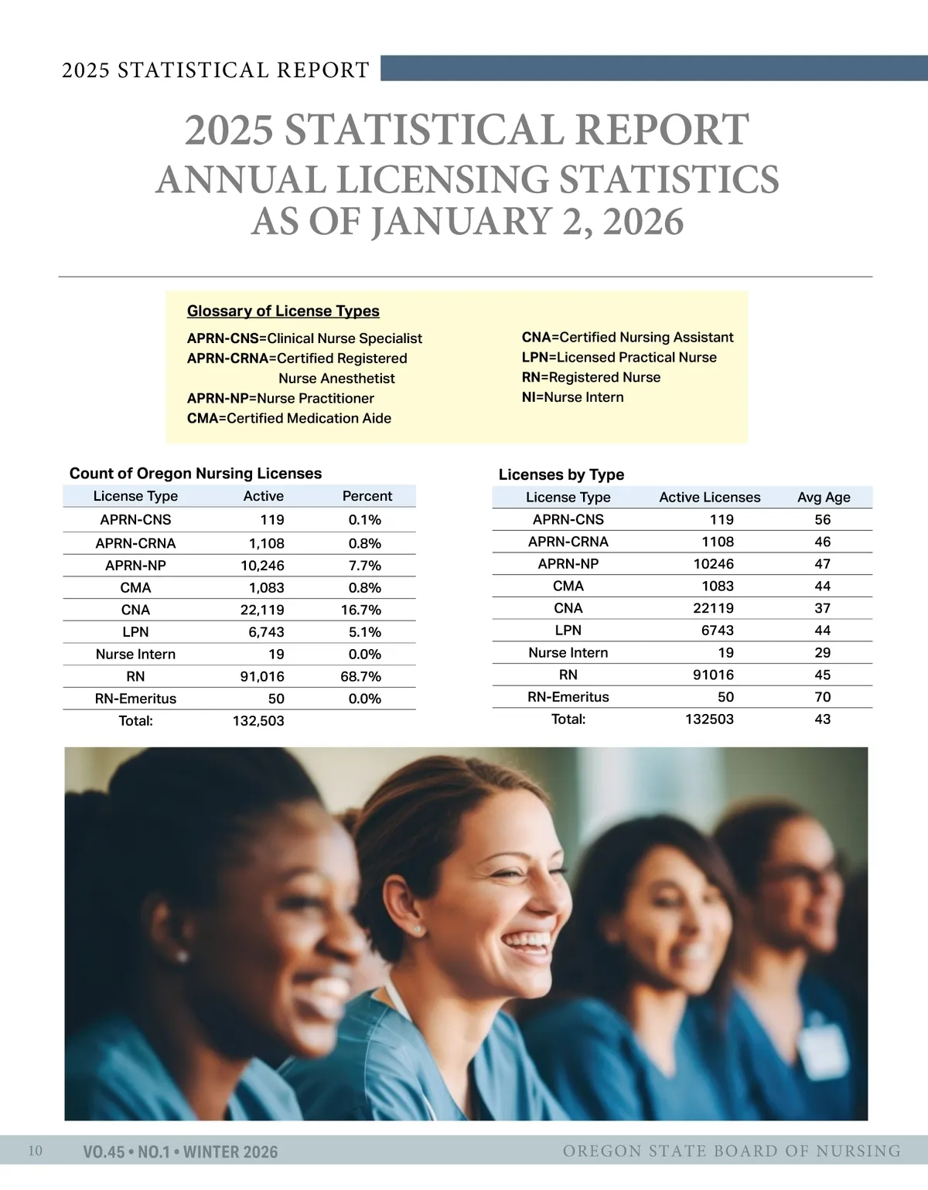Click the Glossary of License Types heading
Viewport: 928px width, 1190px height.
point(283,311)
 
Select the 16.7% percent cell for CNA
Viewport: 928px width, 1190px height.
point(360,610)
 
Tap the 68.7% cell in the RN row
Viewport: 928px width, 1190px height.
point(360,676)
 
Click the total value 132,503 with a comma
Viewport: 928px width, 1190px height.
point(258,721)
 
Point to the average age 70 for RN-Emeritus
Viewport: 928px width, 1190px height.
point(822,697)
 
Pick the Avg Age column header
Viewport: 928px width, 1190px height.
point(824,498)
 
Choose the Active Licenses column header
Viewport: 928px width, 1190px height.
point(709,498)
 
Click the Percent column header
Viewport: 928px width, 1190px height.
point(367,496)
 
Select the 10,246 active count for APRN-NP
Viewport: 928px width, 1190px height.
point(262,566)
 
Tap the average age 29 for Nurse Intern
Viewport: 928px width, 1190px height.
point(822,653)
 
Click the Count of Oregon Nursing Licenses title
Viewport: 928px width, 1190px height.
point(196,474)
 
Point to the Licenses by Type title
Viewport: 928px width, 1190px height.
point(561,474)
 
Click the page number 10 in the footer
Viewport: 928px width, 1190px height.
point(36,1151)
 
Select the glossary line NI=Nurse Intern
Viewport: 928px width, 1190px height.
point(572,397)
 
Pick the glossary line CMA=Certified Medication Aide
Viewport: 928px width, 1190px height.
point(289,418)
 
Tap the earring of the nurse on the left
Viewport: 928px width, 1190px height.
point(183,957)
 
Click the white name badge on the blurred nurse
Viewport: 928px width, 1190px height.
point(824,1052)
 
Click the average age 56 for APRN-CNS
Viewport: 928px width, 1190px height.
point(822,520)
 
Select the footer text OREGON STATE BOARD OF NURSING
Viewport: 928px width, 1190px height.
point(732,1151)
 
